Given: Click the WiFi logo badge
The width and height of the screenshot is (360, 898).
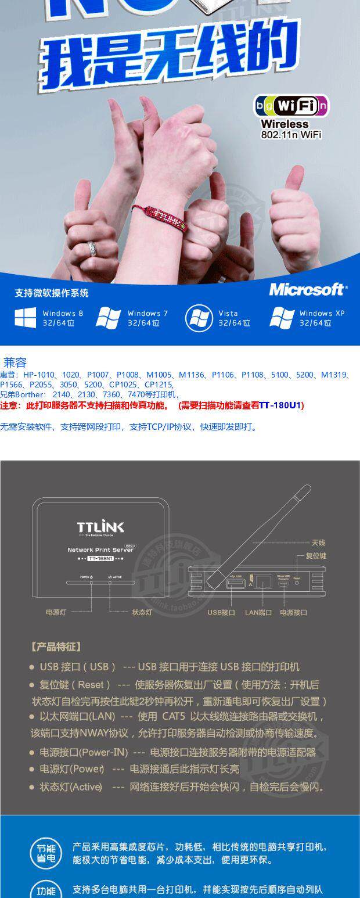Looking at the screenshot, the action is pyautogui.click(x=291, y=106).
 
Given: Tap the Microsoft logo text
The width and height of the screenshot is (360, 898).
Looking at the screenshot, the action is pyautogui.click(x=308, y=289).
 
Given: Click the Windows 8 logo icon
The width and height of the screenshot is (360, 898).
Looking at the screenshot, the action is pyautogui.click(x=26, y=318).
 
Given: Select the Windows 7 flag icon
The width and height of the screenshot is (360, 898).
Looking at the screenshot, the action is pyautogui.click(x=109, y=318).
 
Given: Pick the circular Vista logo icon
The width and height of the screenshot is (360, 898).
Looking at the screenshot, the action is pyautogui.click(x=199, y=318).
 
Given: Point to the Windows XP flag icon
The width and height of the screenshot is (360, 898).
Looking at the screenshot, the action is pyautogui.click(x=282, y=318).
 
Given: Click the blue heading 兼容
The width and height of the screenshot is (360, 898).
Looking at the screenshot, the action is pyautogui.click(x=15, y=363).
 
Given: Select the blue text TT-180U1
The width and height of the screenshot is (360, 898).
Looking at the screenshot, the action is pyautogui.click(x=280, y=405).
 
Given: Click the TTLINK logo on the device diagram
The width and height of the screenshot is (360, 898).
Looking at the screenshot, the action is pyautogui.click(x=100, y=527).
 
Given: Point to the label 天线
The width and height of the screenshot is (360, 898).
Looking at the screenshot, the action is pyautogui.click(x=318, y=543).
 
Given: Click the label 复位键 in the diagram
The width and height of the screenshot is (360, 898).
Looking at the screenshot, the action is pyautogui.click(x=316, y=556).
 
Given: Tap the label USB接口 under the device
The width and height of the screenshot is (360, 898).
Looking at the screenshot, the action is pyautogui.click(x=221, y=612).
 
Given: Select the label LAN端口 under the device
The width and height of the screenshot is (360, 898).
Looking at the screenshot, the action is pyautogui.click(x=259, y=612).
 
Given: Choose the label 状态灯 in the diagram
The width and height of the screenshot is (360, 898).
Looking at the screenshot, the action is pyautogui.click(x=142, y=612).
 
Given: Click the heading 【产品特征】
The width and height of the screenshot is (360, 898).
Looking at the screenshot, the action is pyautogui.click(x=56, y=646).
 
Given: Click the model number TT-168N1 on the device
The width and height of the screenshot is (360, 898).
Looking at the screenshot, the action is pyautogui.click(x=100, y=559).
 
